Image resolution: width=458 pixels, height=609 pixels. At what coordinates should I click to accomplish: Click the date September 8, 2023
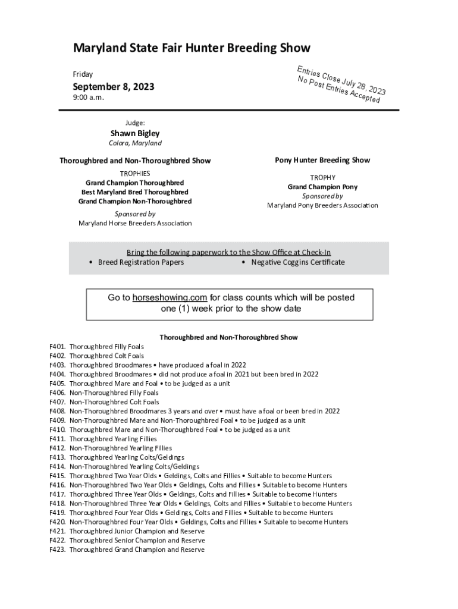114,87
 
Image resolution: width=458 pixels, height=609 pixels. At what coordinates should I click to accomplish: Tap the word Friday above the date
83,74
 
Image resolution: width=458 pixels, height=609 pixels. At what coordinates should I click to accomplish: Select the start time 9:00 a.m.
88,98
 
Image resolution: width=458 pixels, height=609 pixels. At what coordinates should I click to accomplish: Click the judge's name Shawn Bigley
135,133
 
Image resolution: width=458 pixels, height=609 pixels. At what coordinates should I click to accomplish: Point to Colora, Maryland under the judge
135,143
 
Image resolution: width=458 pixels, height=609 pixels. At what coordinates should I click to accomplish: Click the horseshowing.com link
170,297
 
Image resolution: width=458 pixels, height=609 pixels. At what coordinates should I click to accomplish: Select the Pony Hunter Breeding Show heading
322,160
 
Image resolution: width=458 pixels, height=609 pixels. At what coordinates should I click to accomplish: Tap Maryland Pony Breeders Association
322,205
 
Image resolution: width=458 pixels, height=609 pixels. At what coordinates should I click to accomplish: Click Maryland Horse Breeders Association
135,223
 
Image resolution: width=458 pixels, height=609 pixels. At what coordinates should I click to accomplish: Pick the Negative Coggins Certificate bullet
297,262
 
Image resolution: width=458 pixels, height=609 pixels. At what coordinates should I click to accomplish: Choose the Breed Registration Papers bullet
140,262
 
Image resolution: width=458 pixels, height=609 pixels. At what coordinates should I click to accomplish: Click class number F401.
57,346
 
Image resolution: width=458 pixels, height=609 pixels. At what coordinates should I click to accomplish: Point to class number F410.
57,429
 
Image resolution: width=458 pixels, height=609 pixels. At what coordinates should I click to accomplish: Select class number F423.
57,550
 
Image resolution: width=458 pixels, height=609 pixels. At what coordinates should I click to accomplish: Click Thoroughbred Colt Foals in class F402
106,356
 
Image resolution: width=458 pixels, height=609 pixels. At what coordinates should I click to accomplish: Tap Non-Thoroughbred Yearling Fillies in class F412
120,448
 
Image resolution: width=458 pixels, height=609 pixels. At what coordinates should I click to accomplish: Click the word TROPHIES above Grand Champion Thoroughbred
135,173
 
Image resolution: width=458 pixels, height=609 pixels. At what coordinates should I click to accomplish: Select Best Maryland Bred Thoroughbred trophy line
135,192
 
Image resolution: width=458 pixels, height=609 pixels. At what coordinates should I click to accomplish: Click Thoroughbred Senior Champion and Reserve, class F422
137,541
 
